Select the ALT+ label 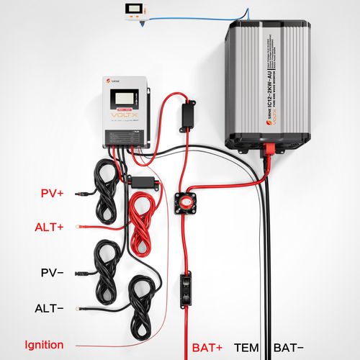(49, 227)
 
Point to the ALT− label (49, 308)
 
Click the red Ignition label (44, 345)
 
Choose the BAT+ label (207, 347)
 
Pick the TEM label (246, 347)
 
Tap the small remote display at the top (136, 12)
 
